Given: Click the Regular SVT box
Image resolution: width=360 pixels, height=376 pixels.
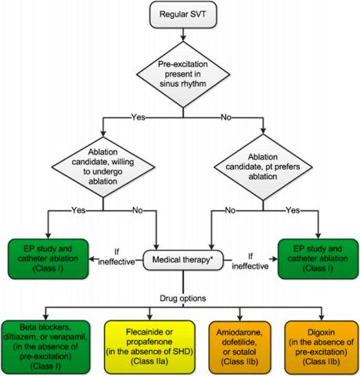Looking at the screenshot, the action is [183, 15].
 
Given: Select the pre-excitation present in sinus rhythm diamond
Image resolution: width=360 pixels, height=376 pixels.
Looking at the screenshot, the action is [183, 74].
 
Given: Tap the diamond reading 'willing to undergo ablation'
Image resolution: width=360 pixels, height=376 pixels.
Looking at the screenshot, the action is [103, 167].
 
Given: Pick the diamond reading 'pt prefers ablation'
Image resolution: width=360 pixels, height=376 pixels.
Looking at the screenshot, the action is [263, 167].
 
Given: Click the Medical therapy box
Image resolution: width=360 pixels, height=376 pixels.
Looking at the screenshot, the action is [183, 260].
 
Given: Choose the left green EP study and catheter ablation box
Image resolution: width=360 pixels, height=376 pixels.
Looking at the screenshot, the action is [49, 259].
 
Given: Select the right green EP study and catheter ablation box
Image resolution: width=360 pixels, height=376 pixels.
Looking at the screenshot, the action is [318, 259].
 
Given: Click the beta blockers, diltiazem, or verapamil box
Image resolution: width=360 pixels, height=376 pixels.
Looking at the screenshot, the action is [45, 347].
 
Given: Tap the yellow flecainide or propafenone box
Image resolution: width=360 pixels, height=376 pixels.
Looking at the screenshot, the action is [149, 347].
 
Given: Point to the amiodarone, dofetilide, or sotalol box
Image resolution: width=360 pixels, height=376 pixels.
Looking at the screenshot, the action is [239, 347].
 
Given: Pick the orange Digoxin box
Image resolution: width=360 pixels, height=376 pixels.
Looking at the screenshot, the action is [322, 347].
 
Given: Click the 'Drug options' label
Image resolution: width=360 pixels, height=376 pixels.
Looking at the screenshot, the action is [183, 299].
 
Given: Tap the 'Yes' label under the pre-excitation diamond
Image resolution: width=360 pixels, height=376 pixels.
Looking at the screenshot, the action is [139, 117].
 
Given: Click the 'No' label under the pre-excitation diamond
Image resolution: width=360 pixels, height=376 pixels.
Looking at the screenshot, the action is [226, 117].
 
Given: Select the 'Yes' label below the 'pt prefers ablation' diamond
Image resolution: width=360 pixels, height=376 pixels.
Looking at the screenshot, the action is [293, 210].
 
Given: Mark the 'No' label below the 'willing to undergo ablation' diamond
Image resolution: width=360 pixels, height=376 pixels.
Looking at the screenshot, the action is [138, 210].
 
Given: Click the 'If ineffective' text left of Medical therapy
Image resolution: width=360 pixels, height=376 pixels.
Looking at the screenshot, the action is [117, 257].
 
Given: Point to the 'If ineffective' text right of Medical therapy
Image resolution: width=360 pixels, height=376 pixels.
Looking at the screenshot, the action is [250, 261].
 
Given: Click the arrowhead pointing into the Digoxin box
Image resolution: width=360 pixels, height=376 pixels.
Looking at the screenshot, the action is [322, 317].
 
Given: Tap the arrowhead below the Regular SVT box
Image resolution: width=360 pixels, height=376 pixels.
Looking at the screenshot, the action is [183, 38].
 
